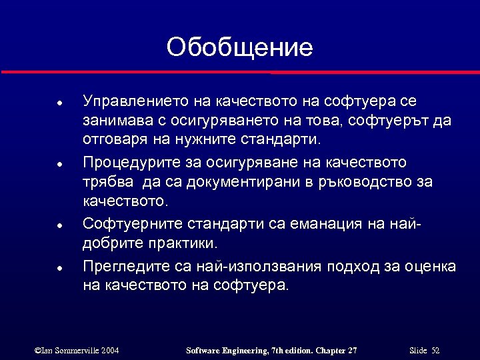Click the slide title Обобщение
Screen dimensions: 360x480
click(x=239, y=47)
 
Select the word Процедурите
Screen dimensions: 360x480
click(x=131, y=162)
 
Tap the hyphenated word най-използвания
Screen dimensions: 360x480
click(x=259, y=267)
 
